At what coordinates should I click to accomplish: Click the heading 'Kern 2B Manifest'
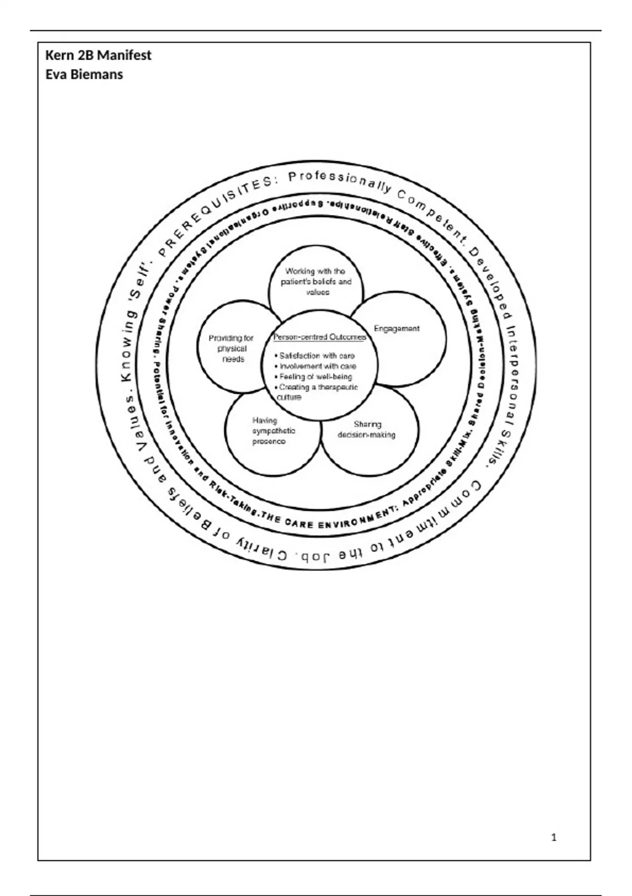tap(98, 55)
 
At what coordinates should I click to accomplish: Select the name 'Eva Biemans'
tap(84, 74)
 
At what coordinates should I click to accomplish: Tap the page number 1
tap(554, 837)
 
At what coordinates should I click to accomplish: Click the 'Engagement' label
tap(397, 328)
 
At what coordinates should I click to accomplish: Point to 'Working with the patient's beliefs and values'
tap(315, 281)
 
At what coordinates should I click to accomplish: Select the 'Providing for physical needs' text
tap(231, 348)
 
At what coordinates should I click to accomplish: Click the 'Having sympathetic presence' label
tap(273, 431)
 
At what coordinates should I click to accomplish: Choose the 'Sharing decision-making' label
tap(367, 430)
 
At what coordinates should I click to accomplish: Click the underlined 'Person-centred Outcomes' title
tap(320, 337)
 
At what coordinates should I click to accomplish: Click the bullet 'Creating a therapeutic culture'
tap(317, 392)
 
